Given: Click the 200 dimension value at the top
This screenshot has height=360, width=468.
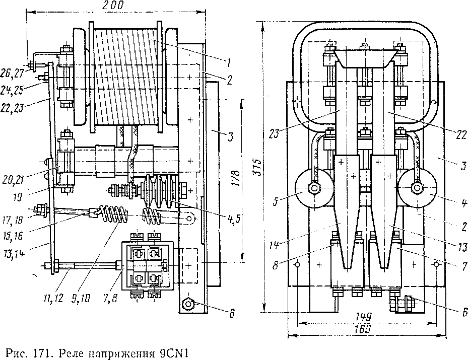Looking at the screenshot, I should tap(114, 6).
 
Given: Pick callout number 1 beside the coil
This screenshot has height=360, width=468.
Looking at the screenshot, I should tap(228, 62).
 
